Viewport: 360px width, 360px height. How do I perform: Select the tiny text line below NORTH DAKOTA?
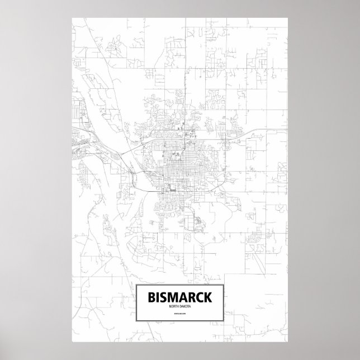[180, 320]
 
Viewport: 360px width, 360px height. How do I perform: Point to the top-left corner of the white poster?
[72, 17]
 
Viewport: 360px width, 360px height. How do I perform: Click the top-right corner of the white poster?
[288, 17]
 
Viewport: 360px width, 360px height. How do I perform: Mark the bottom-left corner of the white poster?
[72, 342]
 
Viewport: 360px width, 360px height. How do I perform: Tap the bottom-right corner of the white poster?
[288, 342]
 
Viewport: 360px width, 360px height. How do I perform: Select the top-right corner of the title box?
[224, 284]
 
